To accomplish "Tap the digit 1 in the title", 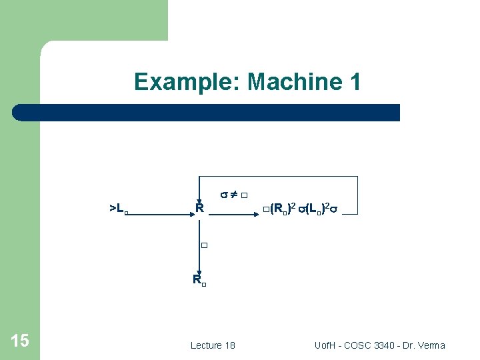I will coord(354,82).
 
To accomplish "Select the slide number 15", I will coord(20,341).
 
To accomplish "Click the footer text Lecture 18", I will coord(213,345).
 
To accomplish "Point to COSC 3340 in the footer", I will coord(377,345).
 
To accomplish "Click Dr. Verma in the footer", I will coord(426,345).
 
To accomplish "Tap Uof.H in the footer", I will coord(327,345).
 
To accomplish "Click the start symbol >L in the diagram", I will coord(117,209).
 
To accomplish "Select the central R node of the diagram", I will coord(199,209).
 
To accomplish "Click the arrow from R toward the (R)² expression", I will coord(233,214).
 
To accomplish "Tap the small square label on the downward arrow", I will coord(205,246).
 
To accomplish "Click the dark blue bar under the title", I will coord(207,112).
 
